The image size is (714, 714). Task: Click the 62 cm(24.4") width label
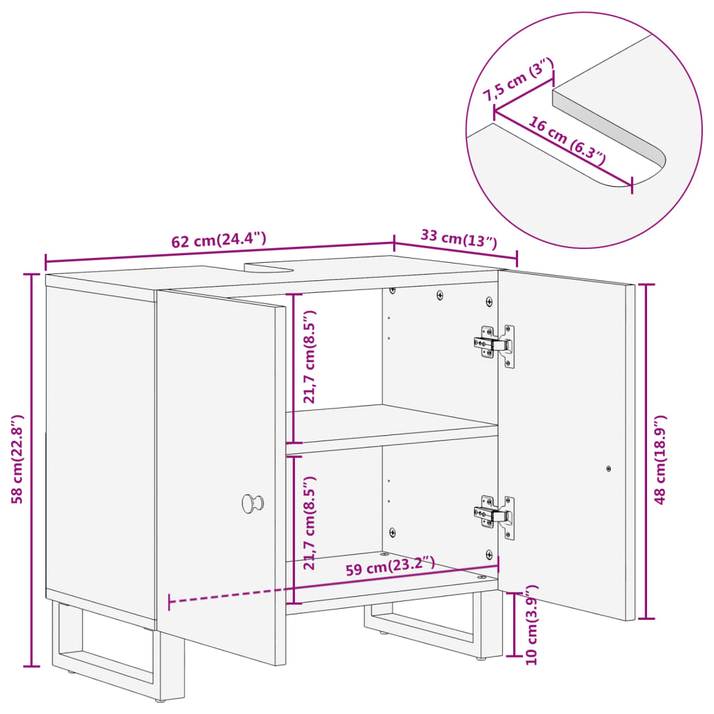click(x=219, y=241)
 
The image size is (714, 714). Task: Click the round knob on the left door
click(x=252, y=502)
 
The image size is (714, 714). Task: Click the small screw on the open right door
click(x=609, y=469)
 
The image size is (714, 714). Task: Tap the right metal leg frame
click(x=432, y=624)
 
